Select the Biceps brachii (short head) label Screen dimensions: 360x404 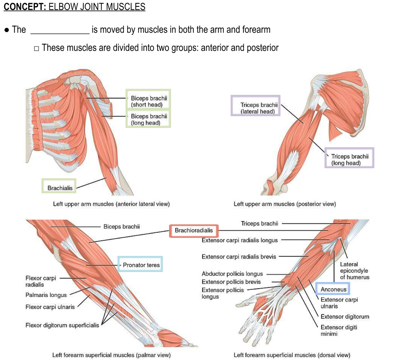click(x=148, y=101)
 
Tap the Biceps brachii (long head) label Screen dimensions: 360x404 click(x=148, y=119)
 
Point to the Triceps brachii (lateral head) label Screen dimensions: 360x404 click(x=258, y=108)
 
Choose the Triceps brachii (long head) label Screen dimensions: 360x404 click(x=349, y=159)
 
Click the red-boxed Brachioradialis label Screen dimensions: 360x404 click(x=194, y=231)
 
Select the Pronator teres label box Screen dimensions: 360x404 click(x=141, y=265)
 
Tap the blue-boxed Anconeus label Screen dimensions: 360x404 click(x=333, y=290)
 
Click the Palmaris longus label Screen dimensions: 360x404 click(x=46, y=295)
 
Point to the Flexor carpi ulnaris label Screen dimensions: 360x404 click(x=50, y=307)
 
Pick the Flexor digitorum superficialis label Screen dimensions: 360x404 click(x=62, y=325)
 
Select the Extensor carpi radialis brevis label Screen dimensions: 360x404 click(x=239, y=257)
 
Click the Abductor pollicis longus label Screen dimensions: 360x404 click(x=232, y=274)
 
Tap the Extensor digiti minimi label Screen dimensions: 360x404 click(x=339, y=330)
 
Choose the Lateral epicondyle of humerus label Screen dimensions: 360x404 click(x=354, y=271)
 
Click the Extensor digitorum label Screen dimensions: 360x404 click(x=345, y=317)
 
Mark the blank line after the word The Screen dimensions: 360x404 click(x=60, y=30)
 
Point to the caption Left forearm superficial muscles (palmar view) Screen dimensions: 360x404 click(x=111, y=355)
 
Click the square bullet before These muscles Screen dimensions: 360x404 click(x=37, y=48)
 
